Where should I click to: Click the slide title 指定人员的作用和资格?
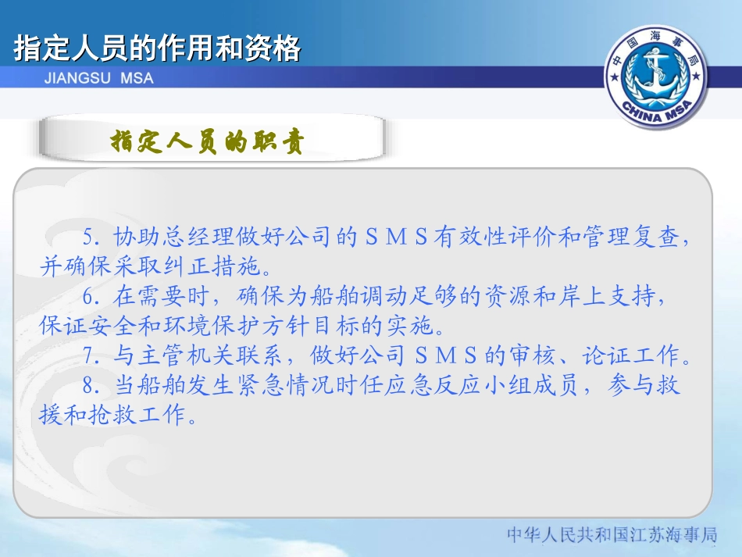157,48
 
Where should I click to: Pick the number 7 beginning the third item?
87,357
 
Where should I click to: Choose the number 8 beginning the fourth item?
87,386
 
